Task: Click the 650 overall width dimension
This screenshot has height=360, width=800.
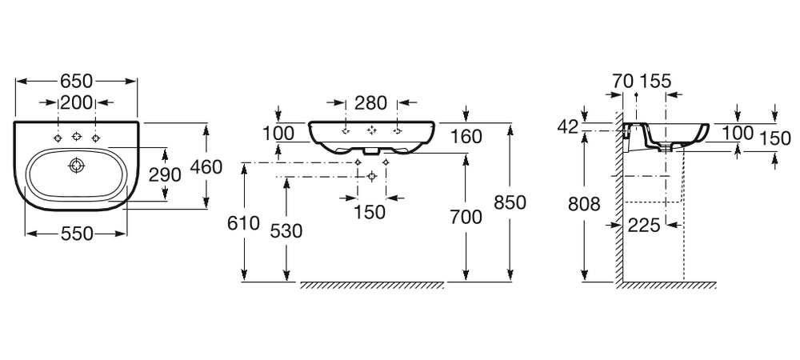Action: (77, 81)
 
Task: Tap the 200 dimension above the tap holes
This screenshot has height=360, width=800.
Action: (77, 102)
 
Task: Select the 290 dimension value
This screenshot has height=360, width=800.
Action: (166, 174)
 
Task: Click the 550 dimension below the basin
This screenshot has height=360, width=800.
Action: (77, 234)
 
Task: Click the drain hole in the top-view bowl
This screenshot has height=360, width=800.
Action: (76, 166)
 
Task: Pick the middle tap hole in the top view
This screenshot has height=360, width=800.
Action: (77, 138)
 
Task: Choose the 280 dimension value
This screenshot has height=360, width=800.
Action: (370, 102)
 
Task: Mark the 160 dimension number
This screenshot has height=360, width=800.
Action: (466, 136)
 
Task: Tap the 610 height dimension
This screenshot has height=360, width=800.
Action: (243, 223)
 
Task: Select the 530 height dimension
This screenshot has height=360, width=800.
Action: (286, 231)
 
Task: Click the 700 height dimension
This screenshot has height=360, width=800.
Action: (466, 217)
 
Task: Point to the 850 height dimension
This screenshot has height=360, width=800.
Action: (510, 202)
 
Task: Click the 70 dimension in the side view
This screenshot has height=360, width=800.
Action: (622, 81)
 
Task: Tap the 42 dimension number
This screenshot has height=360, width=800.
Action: (567, 127)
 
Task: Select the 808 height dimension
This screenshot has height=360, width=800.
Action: (584, 205)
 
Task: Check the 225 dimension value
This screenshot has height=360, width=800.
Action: (644, 226)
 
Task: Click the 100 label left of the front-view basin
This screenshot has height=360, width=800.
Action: (278, 133)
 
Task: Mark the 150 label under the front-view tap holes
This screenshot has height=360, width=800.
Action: (370, 212)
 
